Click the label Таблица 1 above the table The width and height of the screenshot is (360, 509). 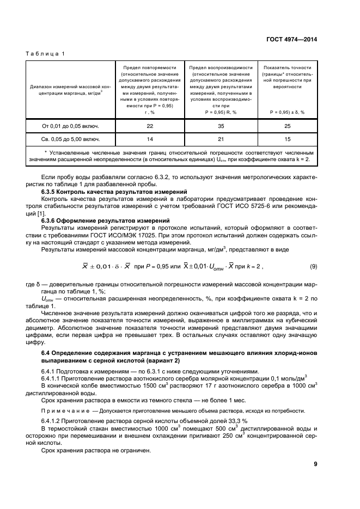(x=45, y=53)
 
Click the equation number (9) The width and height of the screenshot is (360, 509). (x=313, y=266)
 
